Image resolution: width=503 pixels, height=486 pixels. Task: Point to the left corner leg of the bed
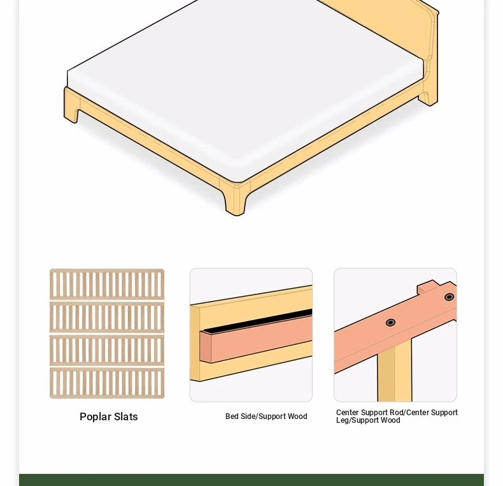tap(72, 105)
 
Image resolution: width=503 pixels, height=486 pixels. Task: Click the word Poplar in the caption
tap(96, 417)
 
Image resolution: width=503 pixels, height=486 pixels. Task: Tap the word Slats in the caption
tap(126, 417)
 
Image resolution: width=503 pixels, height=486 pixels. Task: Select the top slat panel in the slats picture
tap(107, 284)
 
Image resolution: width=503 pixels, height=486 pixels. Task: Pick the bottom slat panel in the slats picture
tap(107, 383)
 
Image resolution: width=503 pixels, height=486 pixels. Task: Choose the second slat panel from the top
tap(107, 317)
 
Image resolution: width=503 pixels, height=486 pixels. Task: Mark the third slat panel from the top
tap(107, 350)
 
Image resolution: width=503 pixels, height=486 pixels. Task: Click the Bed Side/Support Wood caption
tap(266, 416)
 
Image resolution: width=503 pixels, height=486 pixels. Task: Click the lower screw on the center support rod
tap(390, 322)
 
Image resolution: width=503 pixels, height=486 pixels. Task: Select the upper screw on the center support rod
tap(449, 297)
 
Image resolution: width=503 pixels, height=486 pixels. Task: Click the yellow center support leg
tap(395, 373)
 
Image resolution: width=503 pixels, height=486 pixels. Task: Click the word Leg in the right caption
tap(343, 420)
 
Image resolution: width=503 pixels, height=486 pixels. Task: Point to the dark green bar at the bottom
tap(251, 480)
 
